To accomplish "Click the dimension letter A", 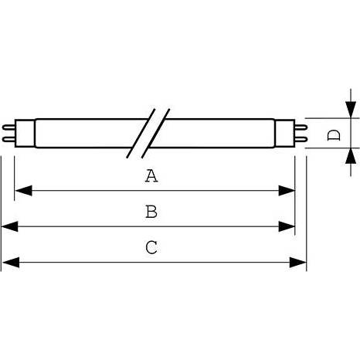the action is (x=151, y=176).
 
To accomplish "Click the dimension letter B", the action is (x=151, y=212).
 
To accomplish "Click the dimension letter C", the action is (x=151, y=247).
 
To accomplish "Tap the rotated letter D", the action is (x=334, y=135).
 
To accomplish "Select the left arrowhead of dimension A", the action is (x=23, y=191).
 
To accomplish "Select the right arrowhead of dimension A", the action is (x=287, y=191).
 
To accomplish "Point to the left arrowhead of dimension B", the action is (x=10, y=226).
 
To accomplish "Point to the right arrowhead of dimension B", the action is (x=287, y=226).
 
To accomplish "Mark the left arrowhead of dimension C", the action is (x=11, y=262).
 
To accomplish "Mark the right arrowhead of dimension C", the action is (x=297, y=262).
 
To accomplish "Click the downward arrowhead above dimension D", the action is (x=351, y=110).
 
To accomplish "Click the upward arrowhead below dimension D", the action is (x=351, y=156).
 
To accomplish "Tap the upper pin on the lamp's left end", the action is (x=8, y=127).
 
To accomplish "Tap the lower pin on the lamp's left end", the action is (x=8, y=139).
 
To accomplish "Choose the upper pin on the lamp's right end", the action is (x=301, y=127).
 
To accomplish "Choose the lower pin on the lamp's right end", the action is (x=301, y=139).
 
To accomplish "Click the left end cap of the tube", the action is (x=25, y=133).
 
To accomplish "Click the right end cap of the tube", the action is (x=284, y=133).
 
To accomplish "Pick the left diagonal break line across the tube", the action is (x=141, y=133).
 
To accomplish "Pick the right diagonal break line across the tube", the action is (x=155, y=133).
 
